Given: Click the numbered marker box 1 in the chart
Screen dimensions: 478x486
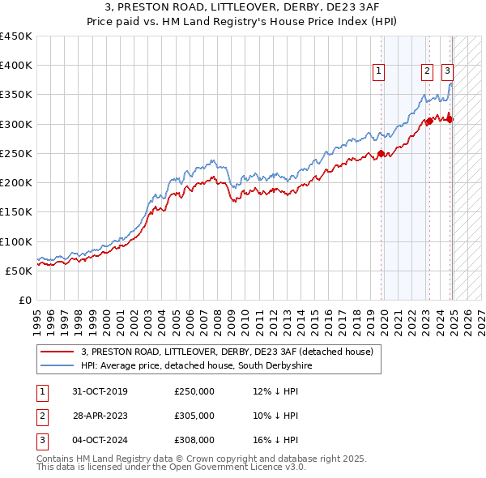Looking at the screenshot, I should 379,71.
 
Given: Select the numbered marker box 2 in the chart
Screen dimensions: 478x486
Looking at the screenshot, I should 427,71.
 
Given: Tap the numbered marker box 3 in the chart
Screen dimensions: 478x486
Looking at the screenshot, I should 448,71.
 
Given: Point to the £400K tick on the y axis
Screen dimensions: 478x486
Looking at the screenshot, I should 16,66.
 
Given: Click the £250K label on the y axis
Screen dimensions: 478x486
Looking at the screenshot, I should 16,153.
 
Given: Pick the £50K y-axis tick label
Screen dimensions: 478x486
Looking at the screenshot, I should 19,271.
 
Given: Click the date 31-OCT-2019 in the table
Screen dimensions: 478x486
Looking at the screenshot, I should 100,391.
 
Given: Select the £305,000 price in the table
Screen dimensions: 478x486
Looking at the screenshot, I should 194,416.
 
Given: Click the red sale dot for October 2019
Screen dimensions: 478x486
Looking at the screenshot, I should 381,153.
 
